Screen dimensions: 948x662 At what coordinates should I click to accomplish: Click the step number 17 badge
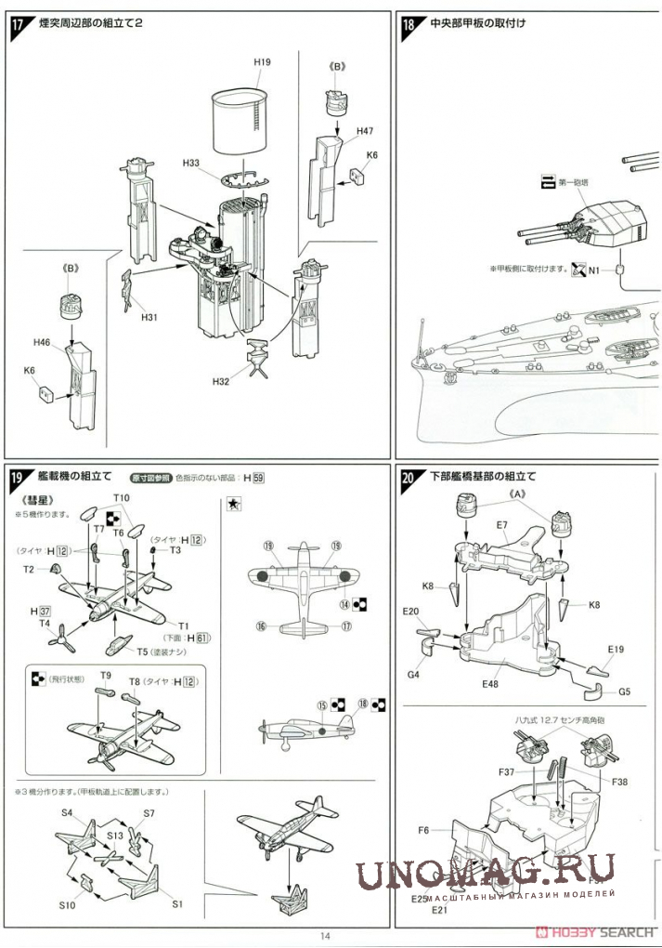(18, 26)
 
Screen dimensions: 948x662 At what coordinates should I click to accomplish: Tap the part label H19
(263, 62)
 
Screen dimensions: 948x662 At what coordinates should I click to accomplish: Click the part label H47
(365, 132)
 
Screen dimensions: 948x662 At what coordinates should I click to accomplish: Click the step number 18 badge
(409, 26)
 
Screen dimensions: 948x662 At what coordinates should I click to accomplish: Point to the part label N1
(594, 270)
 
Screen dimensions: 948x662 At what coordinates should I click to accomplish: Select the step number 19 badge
(18, 479)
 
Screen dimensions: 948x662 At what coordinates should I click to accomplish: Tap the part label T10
(122, 498)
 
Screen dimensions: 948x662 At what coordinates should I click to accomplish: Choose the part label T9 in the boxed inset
(105, 675)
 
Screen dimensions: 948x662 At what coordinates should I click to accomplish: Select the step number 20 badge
(409, 479)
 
